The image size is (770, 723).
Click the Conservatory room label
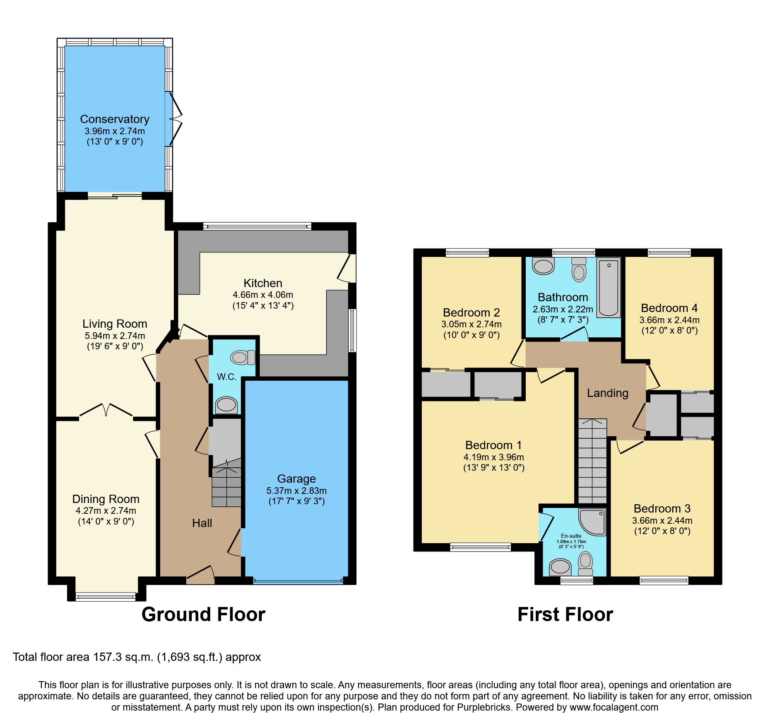click(115, 119)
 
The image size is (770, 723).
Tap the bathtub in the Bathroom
click(609, 288)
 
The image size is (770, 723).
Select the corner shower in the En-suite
click(594, 522)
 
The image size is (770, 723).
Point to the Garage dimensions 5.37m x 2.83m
click(296, 491)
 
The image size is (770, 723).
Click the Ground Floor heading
click(203, 614)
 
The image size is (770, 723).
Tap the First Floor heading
click(565, 614)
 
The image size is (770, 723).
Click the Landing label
click(607, 393)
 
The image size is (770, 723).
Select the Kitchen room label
click(263, 283)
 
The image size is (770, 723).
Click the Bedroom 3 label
click(662, 509)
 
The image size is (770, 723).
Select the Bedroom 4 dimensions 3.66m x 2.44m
click(669, 320)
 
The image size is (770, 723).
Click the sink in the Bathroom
click(543, 266)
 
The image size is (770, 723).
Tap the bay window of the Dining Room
click(106, 597)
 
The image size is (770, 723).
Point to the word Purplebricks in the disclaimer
click(484, 708)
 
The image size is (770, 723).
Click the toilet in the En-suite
click(585, 563)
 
